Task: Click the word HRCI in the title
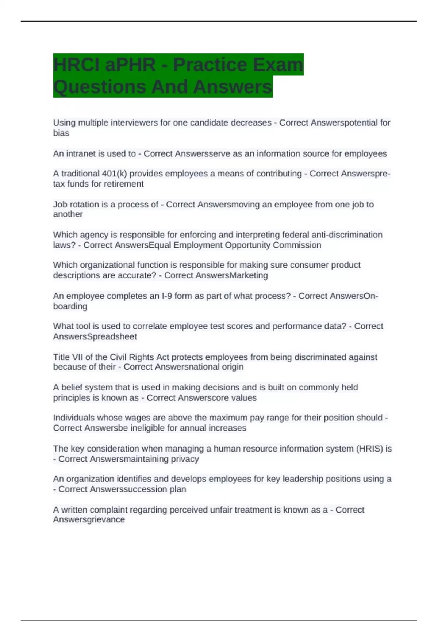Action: click(75, 65)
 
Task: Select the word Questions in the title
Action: click(99, 87)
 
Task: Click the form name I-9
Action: click(166, 296)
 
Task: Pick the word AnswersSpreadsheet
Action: click(95, 337)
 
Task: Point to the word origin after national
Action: click(233, 367)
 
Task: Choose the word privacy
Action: click(185, 459)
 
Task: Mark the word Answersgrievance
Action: click(89, 519)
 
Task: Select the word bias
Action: click(61, 133)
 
